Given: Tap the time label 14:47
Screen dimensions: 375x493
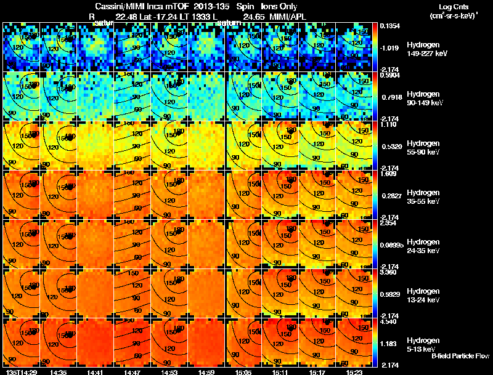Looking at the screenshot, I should click(x=132, y=371).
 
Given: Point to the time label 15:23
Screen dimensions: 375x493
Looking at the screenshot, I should click(x=355, y=371).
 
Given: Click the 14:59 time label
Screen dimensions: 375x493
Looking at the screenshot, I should click(x=206, y=371).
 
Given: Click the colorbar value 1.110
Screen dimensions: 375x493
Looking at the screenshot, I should click(x=389, y=124).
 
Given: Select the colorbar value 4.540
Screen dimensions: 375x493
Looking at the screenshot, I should click(x=389, y=321).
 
